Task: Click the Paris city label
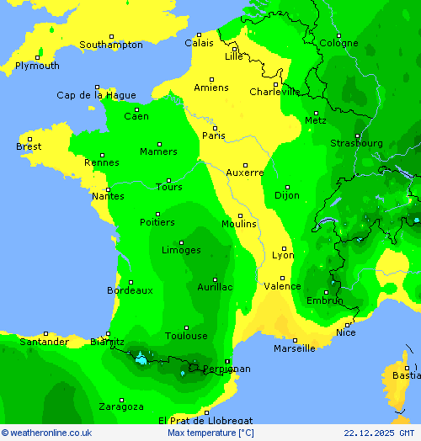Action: pos(214,135)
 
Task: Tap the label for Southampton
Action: pos(111,45)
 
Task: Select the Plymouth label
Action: pos(37,66)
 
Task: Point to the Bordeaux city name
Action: pos(130,290)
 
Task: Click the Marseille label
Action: pos(295,348)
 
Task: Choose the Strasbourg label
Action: pos(356,143)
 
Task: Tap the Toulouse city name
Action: pos(186,336)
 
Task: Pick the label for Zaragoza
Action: pos(120,406)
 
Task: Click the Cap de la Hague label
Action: pos(96,95)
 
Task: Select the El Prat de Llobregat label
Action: pos(205,420)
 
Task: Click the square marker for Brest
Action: pos(29,139)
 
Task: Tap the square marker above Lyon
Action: pos(284,247)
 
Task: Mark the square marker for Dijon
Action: pos(287,188)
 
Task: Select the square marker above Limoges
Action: pos(181,242)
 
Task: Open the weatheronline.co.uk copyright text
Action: pos(46,433)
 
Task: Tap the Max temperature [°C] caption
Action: pos(210,433)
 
